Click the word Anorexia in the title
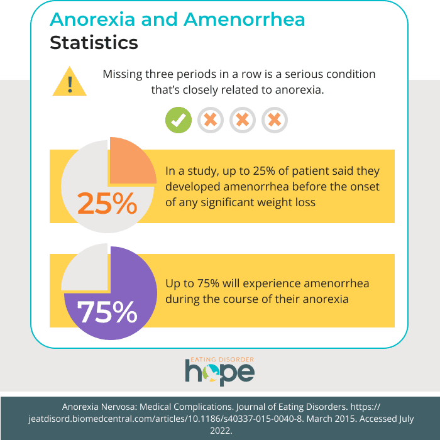93,19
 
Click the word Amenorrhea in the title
245,19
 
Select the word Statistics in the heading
94,43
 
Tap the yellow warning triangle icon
70,84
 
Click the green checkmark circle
179,120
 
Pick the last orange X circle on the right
275,120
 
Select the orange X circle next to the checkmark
211,120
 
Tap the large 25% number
107,203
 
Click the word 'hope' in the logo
219,372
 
